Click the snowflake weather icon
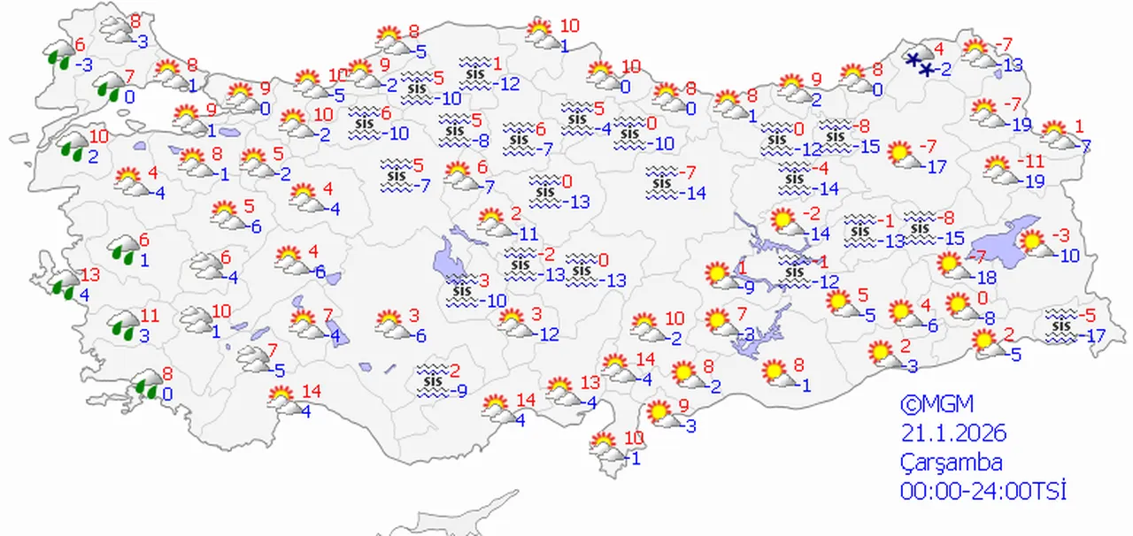921,61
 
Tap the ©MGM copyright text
936,405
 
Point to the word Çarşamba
952,463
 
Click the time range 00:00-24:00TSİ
983,492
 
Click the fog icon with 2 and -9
433,378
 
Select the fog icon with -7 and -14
662,180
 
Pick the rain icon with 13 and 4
64,283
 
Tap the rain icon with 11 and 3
123,325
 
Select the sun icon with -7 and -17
903,154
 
